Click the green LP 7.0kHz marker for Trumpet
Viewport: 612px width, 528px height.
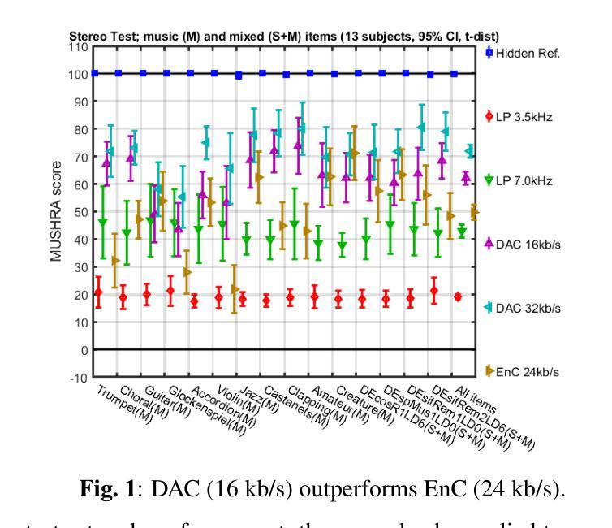pos(102,222)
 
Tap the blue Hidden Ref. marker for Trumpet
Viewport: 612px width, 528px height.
pos(95,73)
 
